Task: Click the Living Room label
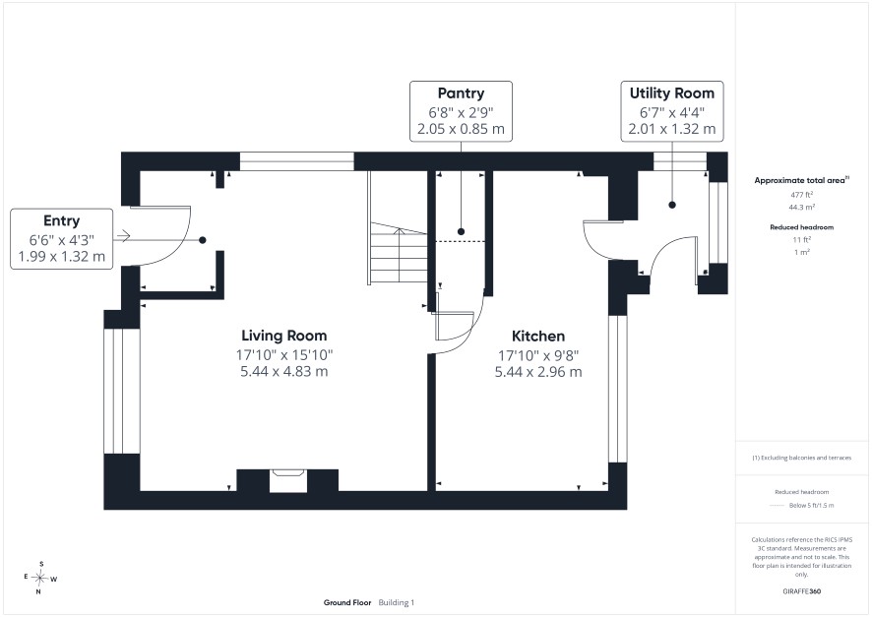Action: (x=284, y=336)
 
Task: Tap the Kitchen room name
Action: (x=538, y=337)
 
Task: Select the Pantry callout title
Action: (x=461, y=93)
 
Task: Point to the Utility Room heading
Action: (x=672, y=93)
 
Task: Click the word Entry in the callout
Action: (x=62, y=220)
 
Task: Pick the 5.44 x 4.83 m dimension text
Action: (x=284, y=371)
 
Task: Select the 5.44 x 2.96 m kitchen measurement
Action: (x=538, y=372)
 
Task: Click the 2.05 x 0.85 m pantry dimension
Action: (x=461, y=129)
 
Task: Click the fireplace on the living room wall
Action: (x=288, y=480)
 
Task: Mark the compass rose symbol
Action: (x=39, y=578)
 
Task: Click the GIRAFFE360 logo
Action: (x=802, y=590)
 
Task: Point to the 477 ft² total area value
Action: (x=802, y=195)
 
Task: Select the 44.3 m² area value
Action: (x=802, y=208)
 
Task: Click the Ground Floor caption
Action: (x=347, y=602)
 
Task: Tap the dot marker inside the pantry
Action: (x=461, y=232)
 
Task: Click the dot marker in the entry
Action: (x=203, y=240)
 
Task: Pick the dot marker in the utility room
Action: (x=672, y=205)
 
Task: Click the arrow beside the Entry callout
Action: (x=122, y=236)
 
